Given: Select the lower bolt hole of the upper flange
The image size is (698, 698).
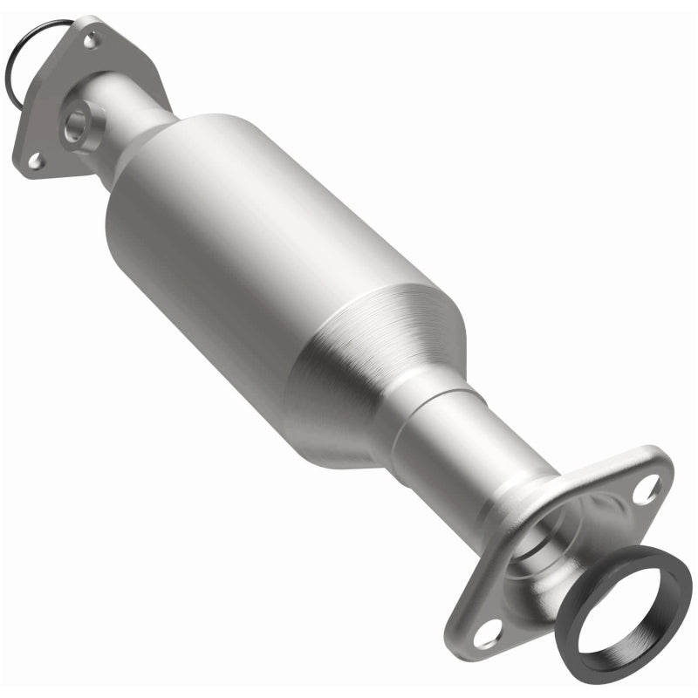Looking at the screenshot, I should (x=35, y=160).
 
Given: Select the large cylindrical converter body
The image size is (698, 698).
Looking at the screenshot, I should (x=262, y=253).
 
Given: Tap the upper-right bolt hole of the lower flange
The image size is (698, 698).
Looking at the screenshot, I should (x=645, y=490).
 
